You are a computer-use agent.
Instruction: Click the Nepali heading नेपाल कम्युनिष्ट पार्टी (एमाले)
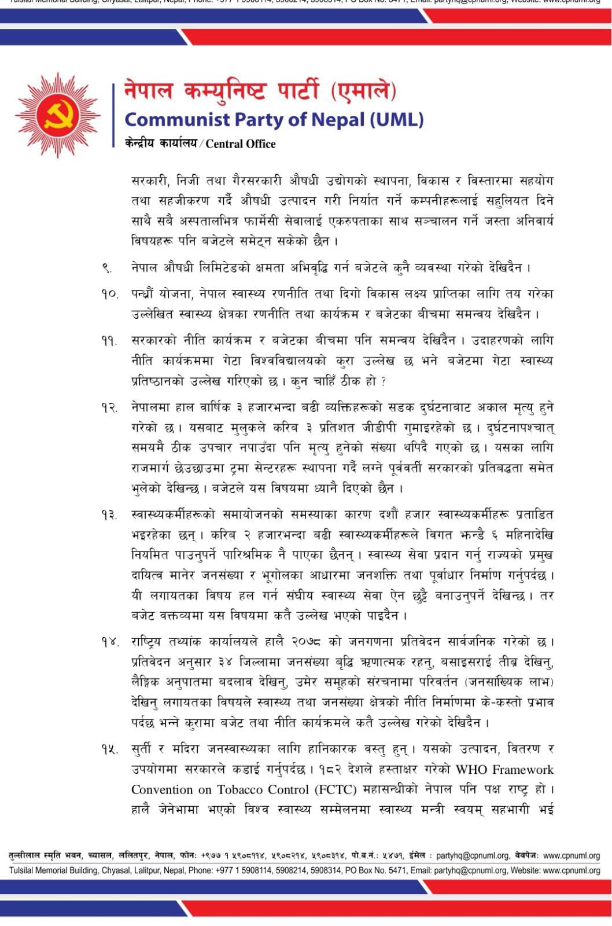(260, 91)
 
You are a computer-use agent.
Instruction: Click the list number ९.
(107, 268)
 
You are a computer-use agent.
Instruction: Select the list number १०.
(109, 295)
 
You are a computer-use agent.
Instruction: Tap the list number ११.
(109, 341)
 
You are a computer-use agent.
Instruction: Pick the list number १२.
(109, 408)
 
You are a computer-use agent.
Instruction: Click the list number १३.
(109, 515)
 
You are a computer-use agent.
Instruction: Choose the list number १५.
(109, 749)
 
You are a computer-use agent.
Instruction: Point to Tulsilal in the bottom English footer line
(24, 870)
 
